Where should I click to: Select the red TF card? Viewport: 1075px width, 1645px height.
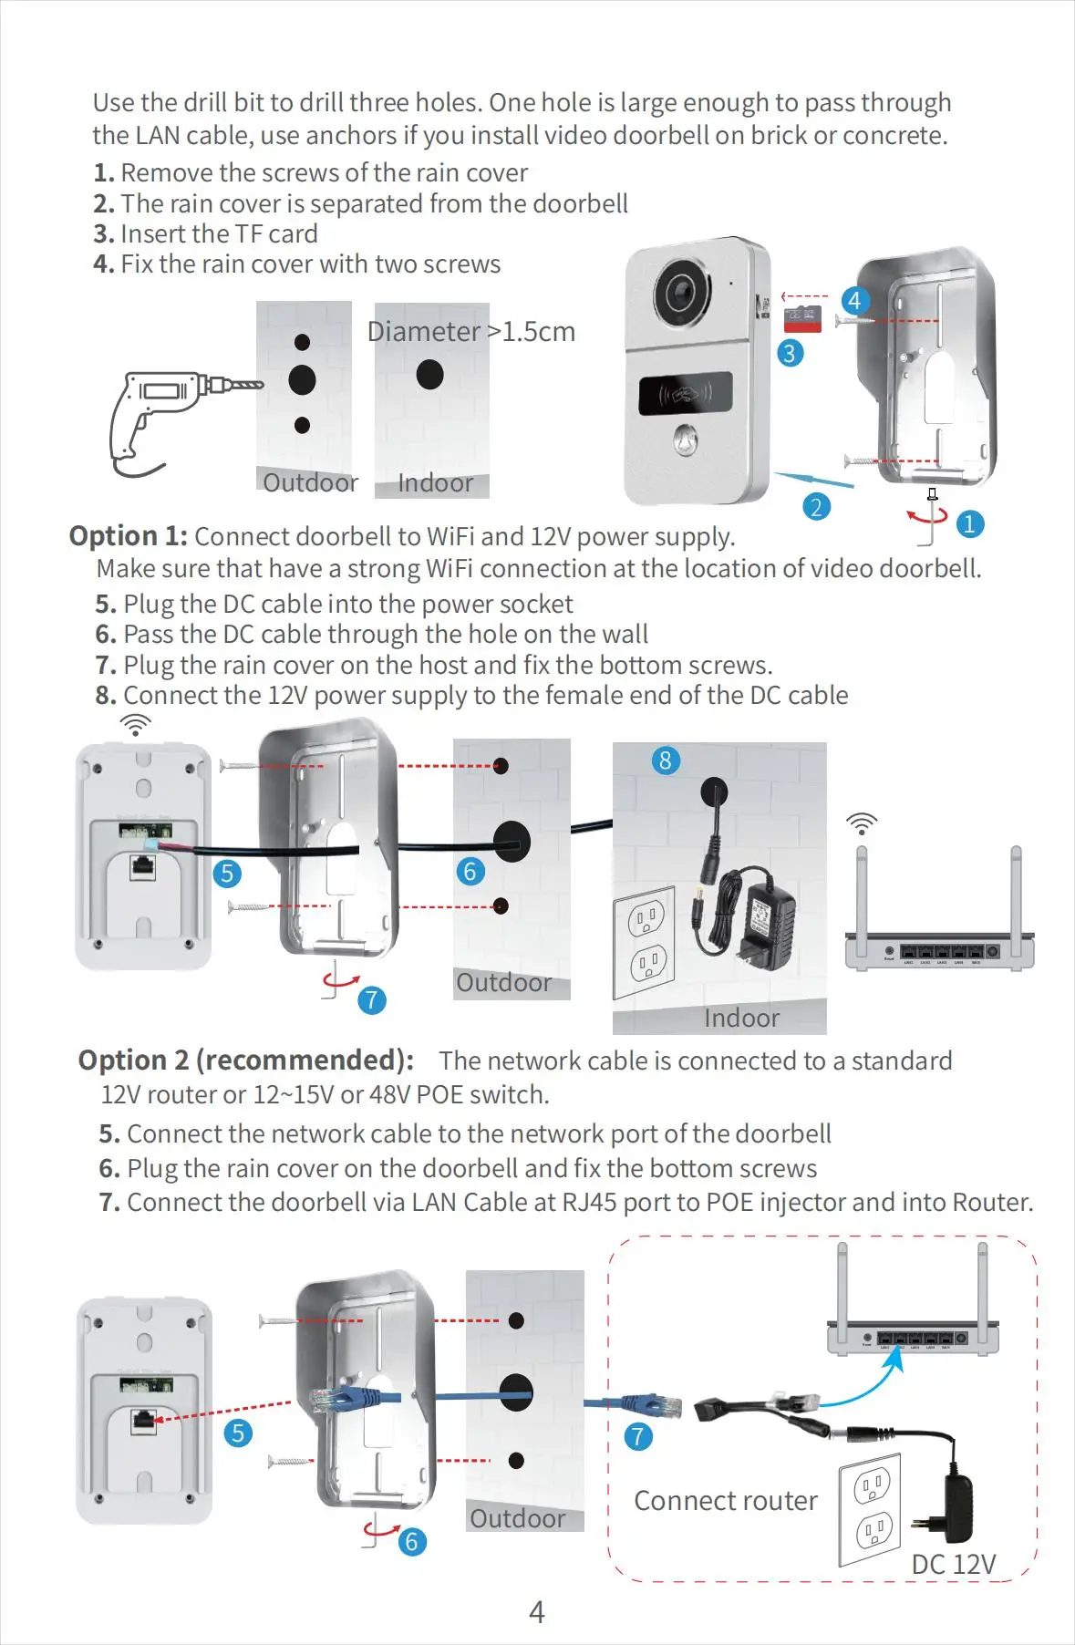point(802,320)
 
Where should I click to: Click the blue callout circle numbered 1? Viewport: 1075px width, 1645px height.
point(969,523)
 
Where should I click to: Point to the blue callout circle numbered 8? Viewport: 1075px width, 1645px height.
point(666,760)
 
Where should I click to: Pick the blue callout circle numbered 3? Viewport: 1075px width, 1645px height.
point(790,353)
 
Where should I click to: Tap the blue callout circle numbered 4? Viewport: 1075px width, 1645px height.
point(854,300)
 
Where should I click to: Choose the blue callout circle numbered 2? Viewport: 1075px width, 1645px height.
point(816,507)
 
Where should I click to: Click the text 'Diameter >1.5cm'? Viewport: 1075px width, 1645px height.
point(471,332)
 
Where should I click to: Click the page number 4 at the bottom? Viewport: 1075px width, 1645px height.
point(537,1612)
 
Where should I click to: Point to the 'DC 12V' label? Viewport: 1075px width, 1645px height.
point(954,1565)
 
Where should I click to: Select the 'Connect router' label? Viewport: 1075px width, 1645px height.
point(726,1501)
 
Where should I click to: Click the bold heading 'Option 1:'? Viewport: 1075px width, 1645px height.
point(129,536)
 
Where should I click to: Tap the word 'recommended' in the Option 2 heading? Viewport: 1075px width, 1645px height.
point(298,1060)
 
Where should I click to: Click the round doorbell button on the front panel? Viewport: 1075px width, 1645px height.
point(687,440)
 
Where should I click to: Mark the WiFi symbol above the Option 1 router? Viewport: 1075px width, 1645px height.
point(862,823)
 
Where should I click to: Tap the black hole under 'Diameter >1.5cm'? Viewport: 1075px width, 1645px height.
point(430,374)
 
